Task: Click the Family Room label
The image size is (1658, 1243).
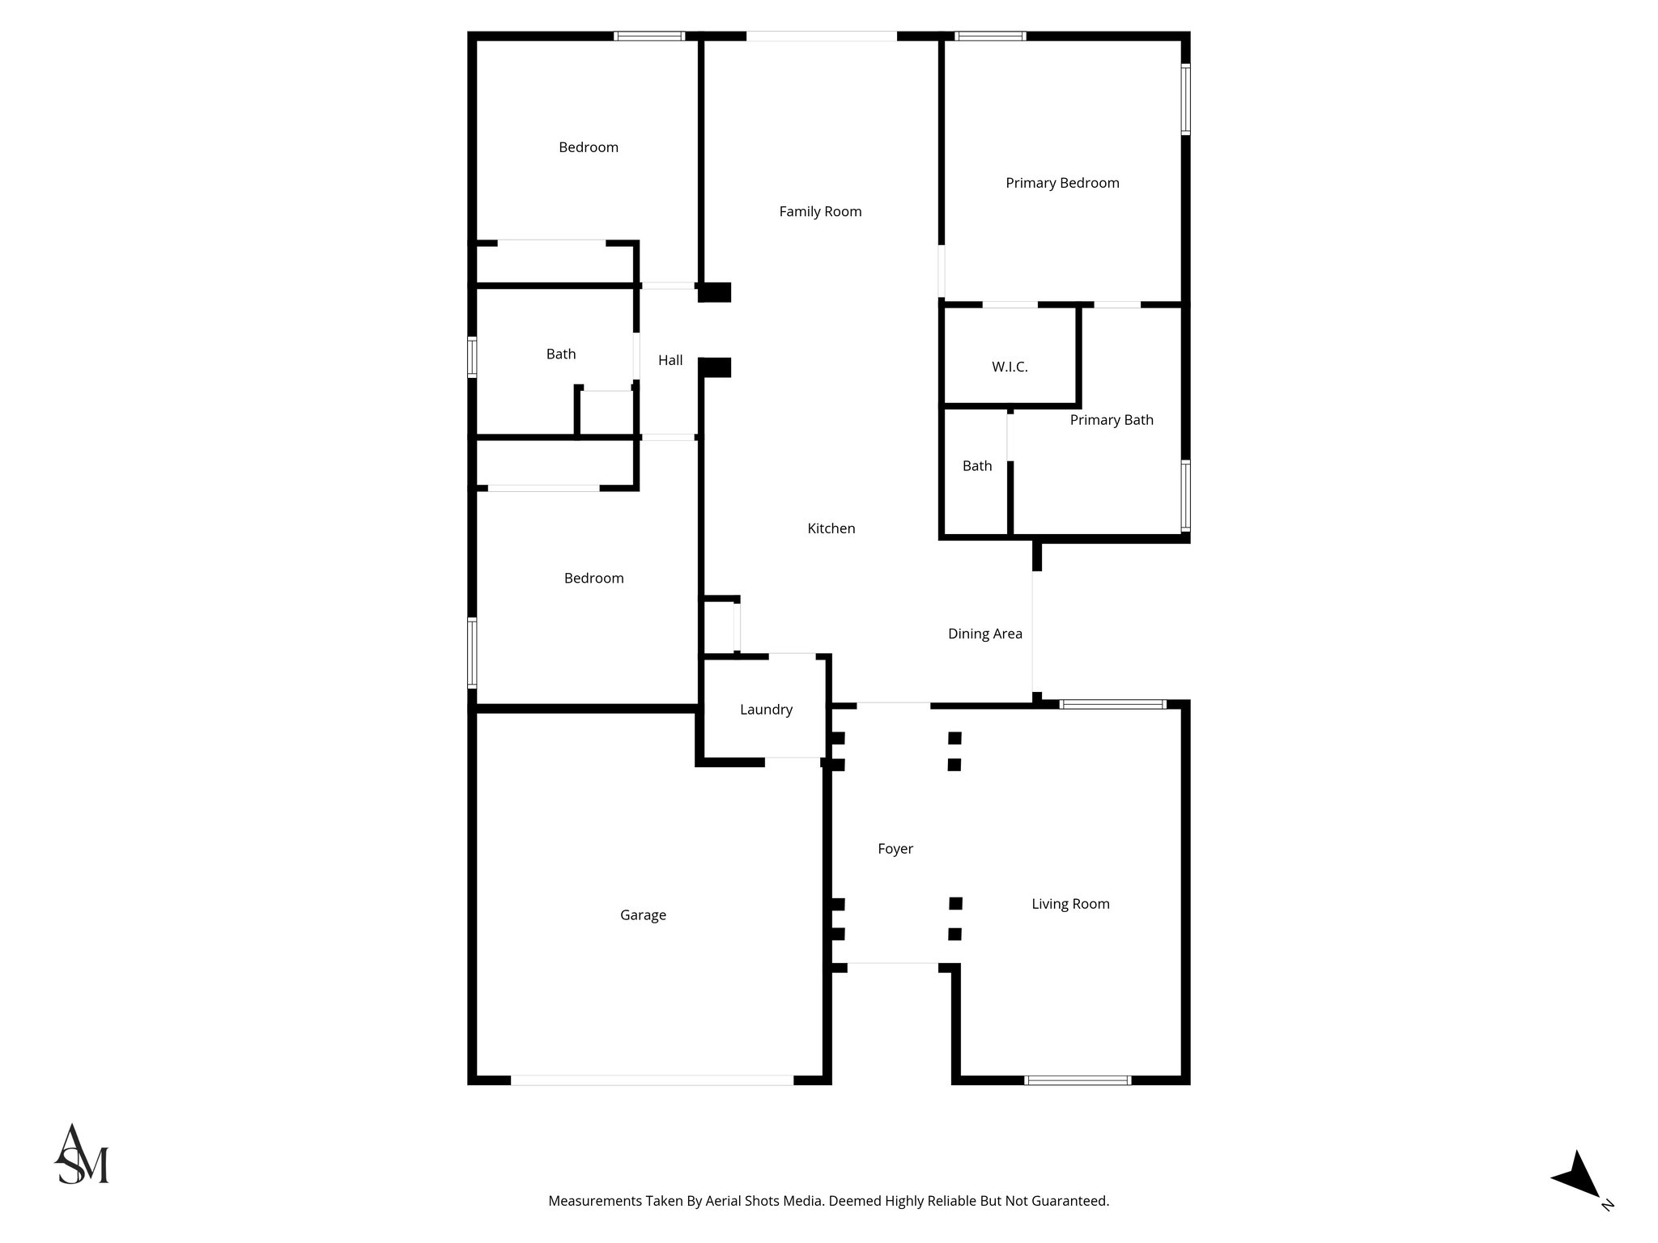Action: click(820, 212)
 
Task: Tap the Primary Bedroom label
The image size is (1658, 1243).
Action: click(1062, 184)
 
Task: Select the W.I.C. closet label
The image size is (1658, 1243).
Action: click(1010, 367)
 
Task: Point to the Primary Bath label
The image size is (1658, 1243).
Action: click(1112, 420)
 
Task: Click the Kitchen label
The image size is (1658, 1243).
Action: click(831, 528)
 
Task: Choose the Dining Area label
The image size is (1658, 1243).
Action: click(984, 634)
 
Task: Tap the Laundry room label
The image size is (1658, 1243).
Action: click(766, 710)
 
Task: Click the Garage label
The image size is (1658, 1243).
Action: click(643, 915)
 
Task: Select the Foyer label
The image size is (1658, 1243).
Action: click(895, 849)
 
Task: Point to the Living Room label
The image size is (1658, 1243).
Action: click(1070, 904)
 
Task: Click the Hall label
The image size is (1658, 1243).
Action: click(670, 361)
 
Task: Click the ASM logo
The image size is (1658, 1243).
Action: click(81, 1155)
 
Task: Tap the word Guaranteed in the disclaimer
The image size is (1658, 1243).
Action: click(1067, 1202)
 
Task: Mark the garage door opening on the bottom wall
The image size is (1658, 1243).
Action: click(652, 1080)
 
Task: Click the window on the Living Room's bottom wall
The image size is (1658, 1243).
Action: click(1078, 1080)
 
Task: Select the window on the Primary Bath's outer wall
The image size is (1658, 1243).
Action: click(1185, 496)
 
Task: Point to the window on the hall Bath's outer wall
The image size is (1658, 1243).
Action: click(472, 357)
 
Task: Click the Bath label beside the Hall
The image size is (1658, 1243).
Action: click(561, 354)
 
